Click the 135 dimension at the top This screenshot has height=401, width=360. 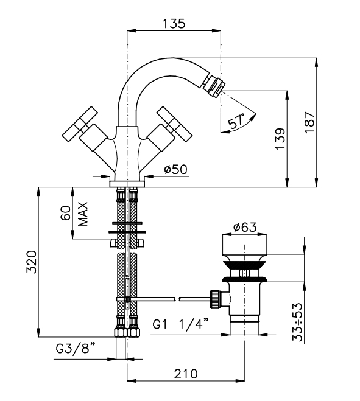(174, 23)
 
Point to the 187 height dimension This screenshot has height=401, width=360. (309, 122)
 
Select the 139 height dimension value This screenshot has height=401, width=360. (280, 139)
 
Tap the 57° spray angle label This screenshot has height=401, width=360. (236, 121)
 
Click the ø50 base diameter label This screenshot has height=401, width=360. (175, 169)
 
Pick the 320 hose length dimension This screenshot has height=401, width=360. (32, 262)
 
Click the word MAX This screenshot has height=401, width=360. (83, 214)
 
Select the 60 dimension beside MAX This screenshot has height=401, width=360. (66, 213)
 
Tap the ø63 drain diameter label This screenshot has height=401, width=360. (245, 227)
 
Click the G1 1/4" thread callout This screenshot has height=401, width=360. (181, 324)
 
